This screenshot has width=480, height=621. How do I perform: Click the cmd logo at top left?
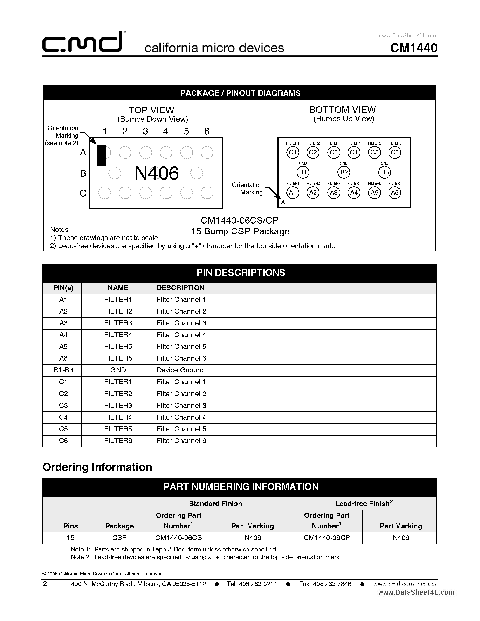click(x=82, y=43)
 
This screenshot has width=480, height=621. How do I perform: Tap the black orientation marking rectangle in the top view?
click(x=101, y=155)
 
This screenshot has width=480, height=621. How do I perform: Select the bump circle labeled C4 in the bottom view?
click(x=354, y=152)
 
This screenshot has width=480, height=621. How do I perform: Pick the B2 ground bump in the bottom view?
click(x=344, y=172)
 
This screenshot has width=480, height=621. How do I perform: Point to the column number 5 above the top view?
click(x=186, y=131)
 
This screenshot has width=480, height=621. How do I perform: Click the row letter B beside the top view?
click(x=83, y=173)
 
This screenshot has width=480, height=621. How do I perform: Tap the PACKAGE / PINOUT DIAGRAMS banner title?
click(x=240, y=93)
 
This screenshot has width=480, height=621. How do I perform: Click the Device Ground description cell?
click(x=180, y=370)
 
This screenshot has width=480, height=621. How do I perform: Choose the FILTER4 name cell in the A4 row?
click(x=118, y=335)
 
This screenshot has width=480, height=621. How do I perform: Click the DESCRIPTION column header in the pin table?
click(x=180, y=288)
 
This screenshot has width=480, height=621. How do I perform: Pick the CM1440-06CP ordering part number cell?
click(x=326, y=538)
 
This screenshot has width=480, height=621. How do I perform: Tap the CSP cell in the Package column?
click(x=119, y=538)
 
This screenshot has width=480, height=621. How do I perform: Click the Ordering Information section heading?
click(x=97, y=467)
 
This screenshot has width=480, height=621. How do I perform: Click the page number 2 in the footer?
click(x=45, y=584)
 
